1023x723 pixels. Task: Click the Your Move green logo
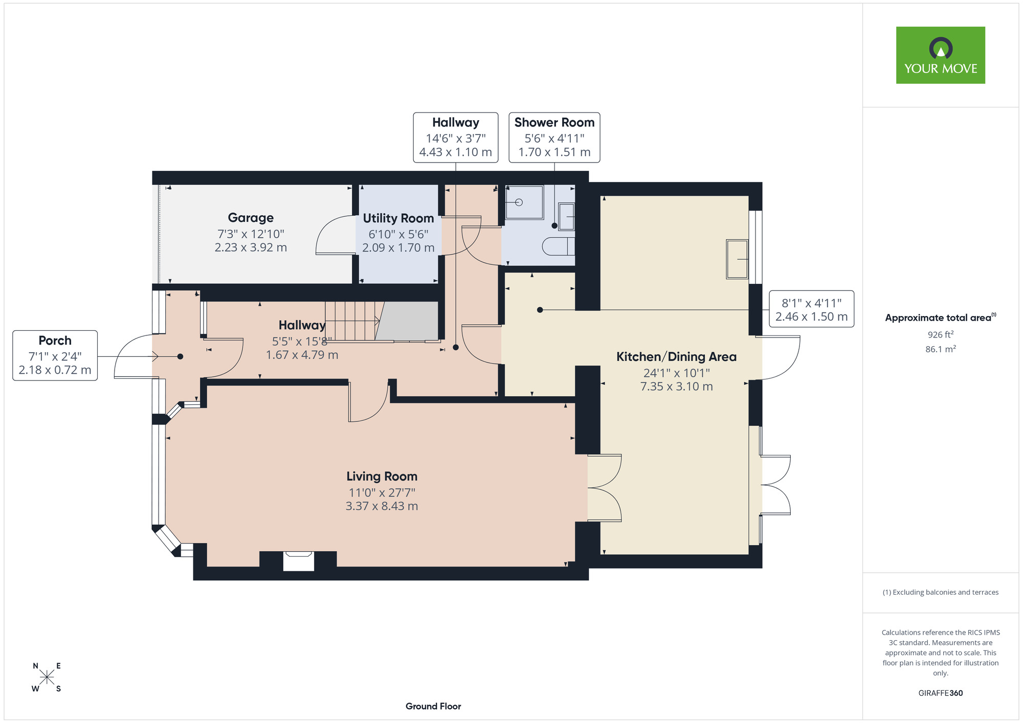coord(940,55)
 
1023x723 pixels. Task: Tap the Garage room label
coord(251,218)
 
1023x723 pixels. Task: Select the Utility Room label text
coord(398,218)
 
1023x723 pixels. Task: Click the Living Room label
coord(382,477)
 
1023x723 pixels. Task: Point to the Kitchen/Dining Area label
coord(676,357)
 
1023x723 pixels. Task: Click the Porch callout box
coord(55,355)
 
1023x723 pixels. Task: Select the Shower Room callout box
coord(554,138)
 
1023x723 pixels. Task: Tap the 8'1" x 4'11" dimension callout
coord(812,309)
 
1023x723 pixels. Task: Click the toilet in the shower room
coord(558,246)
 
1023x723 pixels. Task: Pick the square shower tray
coord(524,202)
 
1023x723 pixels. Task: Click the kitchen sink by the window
coord(737,259)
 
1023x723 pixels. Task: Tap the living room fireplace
coord(299,560)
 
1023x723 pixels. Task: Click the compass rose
coord(47,677)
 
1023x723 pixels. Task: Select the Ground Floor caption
coord(433,706)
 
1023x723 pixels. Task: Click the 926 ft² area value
coord(941,334)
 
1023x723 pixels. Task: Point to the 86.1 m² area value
coord(941,349)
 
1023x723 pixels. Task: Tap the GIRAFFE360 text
coord(941,693)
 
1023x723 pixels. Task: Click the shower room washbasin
coord(566,216)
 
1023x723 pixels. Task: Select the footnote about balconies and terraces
coord(941,592)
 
